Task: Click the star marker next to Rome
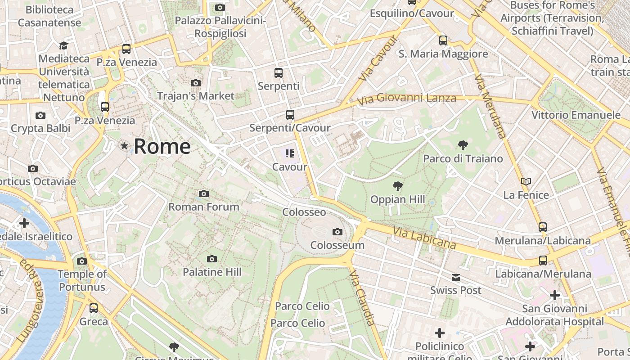point(124,146)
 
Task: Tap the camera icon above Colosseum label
point(337,232)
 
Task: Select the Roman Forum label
point(204,207)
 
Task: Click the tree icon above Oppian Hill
point(397,186)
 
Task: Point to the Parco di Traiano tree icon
point(463,145)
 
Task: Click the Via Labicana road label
point(424,238)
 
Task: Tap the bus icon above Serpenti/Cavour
point(290,115)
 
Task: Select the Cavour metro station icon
point(290,153)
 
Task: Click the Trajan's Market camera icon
point(195,83)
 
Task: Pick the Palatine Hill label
point(212,272)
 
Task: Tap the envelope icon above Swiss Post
point(456,278)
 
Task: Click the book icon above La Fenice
point(526,182)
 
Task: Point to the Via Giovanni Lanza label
point(408,98)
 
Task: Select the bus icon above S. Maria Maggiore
point(443,40)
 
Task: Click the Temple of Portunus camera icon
point(81,261)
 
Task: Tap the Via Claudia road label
point(362,297)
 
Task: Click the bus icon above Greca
point(94,308)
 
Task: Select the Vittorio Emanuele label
point(576,115)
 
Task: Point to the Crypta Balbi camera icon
point(40,115)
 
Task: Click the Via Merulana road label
point(490,106)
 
